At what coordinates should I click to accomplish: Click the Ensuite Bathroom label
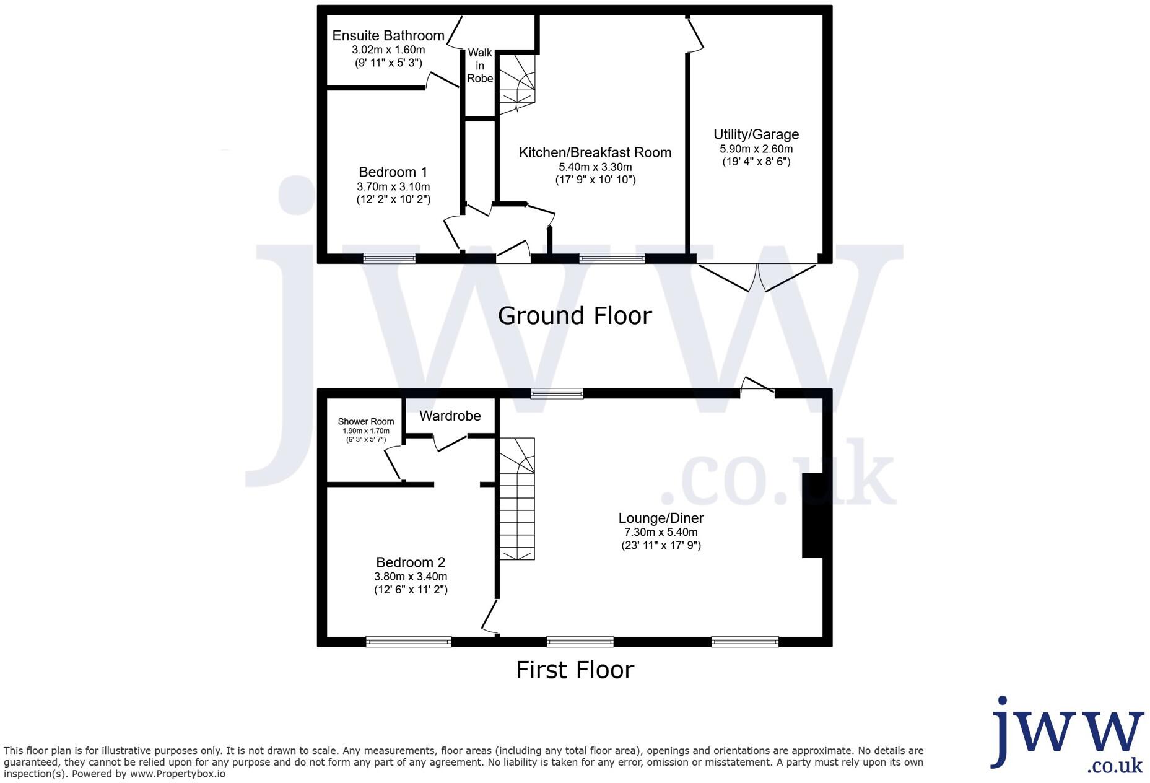(388, 36)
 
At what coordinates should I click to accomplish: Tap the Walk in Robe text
(480, 66)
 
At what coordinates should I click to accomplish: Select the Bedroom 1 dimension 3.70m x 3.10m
(393, 186)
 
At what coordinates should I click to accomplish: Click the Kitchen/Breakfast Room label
(595, 152)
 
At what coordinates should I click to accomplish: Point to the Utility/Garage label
(756, 134)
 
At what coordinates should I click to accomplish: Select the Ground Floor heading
(575, 316)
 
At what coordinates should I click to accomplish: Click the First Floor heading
(575, 670)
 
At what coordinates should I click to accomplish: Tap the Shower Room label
(365, 421)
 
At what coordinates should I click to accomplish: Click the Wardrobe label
(450, 416)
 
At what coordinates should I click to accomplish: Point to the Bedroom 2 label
(411, 562)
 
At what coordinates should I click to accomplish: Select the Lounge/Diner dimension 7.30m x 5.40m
(661, 532)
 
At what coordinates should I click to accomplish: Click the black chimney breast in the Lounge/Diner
(812, 515)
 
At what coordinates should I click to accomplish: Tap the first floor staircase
(517, 499)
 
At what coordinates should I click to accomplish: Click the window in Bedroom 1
(389, 258)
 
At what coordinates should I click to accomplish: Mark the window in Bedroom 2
(408, 642)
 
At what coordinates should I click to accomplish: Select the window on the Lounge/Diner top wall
(557, 393)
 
